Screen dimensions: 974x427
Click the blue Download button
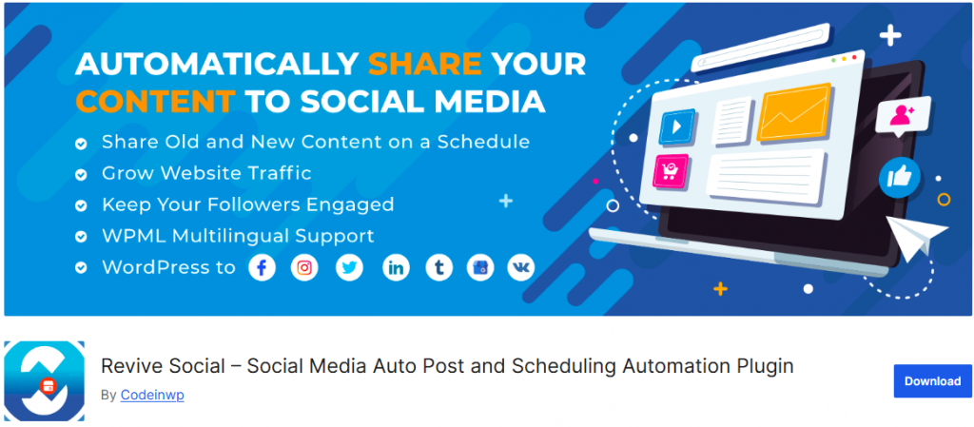(932, 381)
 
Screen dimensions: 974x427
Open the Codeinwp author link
(152, 395)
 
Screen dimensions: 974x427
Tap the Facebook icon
(263, 268)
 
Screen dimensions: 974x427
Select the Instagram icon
(304, 268)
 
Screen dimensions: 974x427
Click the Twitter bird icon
(349, 268)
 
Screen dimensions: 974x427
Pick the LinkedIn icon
(397, 268)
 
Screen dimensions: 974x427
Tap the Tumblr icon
(439, 268)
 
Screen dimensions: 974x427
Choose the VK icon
(520, 268)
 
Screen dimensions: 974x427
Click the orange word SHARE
(424, 64)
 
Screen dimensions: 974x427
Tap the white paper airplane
(917, 237)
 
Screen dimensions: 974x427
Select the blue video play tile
(677, 127)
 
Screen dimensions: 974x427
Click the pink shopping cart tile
(672, 170)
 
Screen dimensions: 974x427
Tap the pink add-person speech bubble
(903, 115)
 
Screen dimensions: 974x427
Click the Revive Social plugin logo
(44, 380)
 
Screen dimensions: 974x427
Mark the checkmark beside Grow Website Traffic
(81, 175)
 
